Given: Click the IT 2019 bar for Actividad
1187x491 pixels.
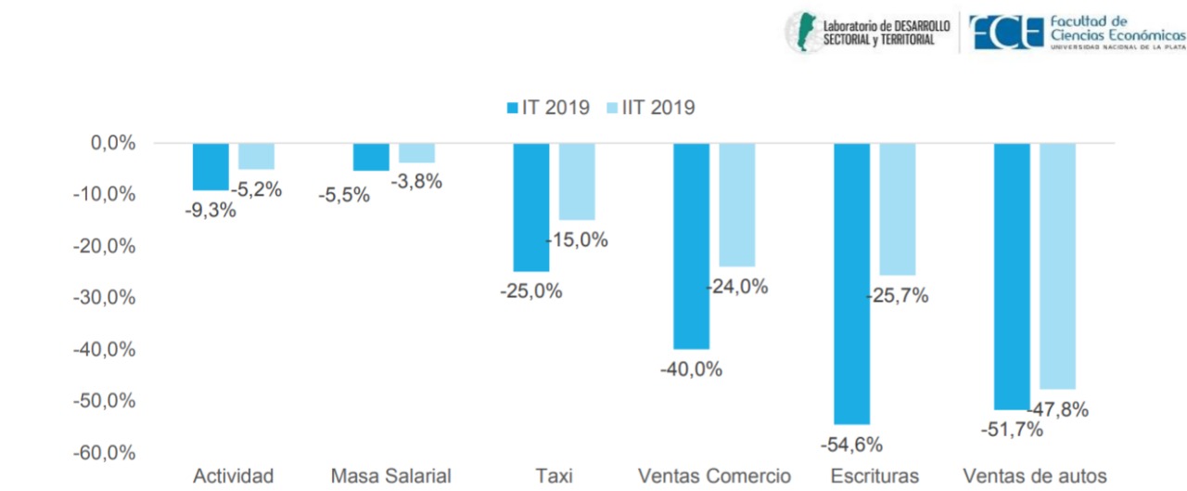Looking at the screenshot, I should (211, 166).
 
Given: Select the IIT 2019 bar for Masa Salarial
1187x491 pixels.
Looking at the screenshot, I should (417, 153).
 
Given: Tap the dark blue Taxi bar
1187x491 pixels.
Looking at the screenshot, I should (531, 207).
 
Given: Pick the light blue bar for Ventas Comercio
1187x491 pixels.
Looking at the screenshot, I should (737, 204).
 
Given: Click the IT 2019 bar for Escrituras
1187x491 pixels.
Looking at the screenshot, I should (852, 283).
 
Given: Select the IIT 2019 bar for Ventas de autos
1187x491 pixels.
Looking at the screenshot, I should (1057, 265).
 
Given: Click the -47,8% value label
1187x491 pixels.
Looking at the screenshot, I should (1058, 408).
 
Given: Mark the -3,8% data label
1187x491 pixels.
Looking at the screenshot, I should (416, 182).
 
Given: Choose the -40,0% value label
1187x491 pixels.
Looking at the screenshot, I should (691, 368).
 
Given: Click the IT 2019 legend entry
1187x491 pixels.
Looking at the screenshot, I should (548, 108).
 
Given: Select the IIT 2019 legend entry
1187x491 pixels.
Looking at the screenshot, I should (649, 108).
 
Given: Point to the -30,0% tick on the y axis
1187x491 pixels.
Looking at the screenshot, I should (103, 298).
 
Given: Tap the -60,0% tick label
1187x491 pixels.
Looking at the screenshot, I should (103, 453).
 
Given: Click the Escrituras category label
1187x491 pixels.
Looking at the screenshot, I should (875, 476).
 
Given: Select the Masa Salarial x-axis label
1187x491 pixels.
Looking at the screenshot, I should (391, 476).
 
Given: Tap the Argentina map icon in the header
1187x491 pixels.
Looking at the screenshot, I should (802, 32).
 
